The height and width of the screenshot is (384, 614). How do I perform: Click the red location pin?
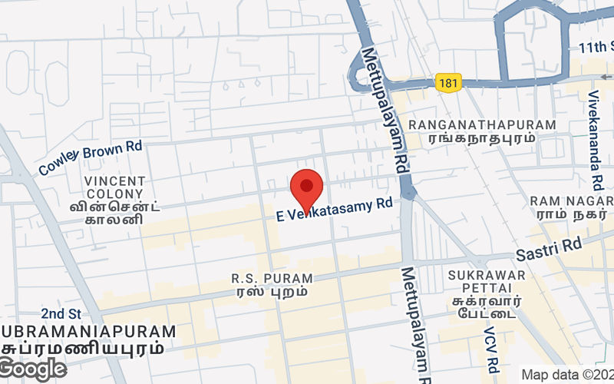tap(307, 189)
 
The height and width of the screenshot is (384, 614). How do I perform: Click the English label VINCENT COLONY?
tap(114, 187)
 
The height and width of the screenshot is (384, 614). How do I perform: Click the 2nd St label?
tap(61, 313)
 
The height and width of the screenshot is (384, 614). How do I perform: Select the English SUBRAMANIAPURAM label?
tap(88, 331)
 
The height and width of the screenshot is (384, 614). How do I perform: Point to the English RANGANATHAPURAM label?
tap(482, 124)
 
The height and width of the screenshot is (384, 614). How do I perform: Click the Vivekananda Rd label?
tap(595, 142)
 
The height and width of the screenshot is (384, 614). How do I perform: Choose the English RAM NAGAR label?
tap(572, 200)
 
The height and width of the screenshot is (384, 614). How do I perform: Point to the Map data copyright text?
tap(566, 375)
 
